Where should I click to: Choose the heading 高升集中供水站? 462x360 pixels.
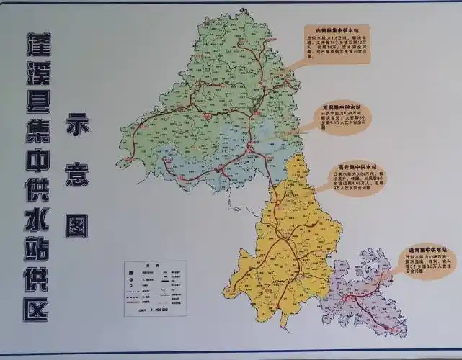pyautogui.click(x=355, y=166)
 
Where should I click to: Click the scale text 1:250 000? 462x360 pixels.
pyautogui.click(x=155, y=310)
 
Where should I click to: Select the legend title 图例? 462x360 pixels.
pyautogui.click(x=154, y=266)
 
